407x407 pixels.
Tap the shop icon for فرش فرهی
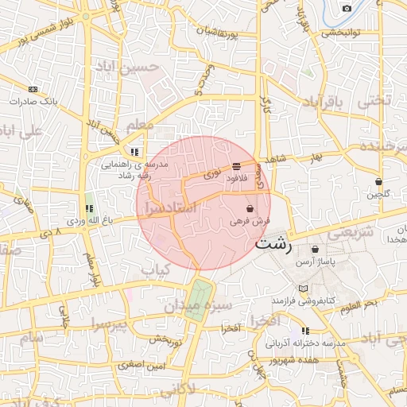click(x=250, y=208)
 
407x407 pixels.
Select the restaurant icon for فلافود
click(x=237, y=166)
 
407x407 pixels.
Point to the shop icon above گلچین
click(x=378, y=181)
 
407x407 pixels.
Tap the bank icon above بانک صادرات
click(x=33, y=89)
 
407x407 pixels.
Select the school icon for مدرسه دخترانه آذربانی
click(x=305, y=331)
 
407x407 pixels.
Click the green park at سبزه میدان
click(x=199, y=299)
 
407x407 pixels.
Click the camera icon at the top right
click(x=347, y=8)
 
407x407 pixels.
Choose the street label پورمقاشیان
click(x=229, y=33)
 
